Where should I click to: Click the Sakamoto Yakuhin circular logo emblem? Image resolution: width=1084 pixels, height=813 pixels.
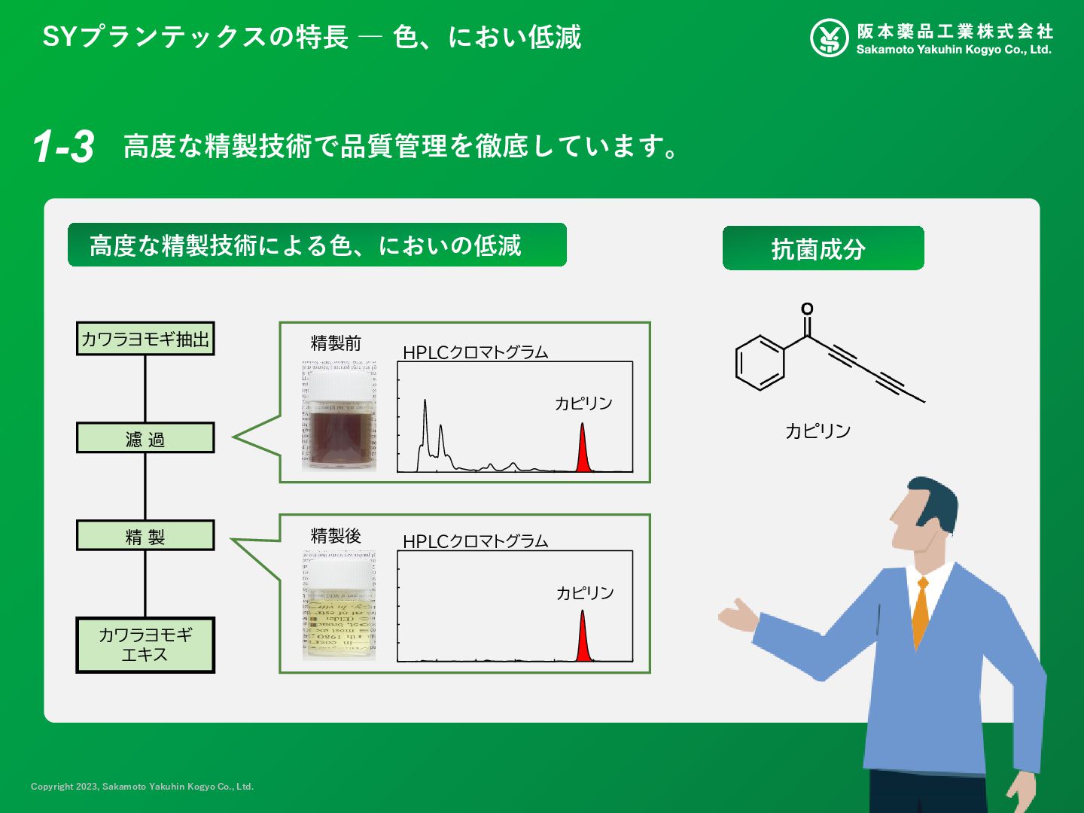point(829,38)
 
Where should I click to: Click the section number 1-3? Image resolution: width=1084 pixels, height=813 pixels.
point(63,146)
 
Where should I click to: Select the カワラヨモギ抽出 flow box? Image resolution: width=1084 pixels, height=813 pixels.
point(145,339)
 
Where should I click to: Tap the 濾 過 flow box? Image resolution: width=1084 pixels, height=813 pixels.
point(145,438)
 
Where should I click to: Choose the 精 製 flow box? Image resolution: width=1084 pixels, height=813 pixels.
point(145,536)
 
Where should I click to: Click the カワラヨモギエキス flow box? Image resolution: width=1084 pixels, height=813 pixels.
point(145,645)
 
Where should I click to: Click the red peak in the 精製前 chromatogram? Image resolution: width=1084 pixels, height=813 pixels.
point(582,452)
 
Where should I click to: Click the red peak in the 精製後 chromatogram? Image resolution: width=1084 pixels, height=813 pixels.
point(582,640)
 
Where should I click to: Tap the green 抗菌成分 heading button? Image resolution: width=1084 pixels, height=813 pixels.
point(823,248)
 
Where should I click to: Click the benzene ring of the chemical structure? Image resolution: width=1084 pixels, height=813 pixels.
point(760,363)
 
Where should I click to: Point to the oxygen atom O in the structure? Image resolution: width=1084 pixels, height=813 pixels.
point(807,309)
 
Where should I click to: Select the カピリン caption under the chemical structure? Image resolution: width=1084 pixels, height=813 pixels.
point(818,431)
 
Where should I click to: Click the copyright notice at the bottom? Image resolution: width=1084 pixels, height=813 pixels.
point(142,787)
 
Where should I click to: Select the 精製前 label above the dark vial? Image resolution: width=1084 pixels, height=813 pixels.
point(336,344)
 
